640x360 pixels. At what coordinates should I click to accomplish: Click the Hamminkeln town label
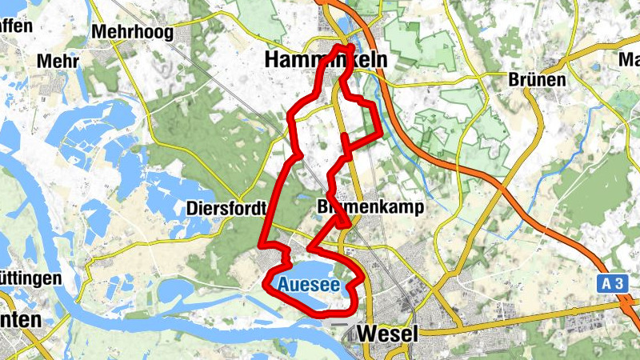(325, 60)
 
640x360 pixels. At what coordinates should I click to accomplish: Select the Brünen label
(538, 79)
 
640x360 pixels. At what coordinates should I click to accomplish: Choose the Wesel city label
(389, 334)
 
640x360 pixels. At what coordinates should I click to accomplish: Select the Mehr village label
(57, 61)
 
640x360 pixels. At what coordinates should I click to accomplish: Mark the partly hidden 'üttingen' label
(30, 278)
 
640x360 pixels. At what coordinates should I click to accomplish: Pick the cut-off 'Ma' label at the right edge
(630, 59)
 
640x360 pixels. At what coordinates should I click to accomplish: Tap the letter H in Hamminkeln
(272, 60)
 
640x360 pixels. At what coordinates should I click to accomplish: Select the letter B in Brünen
(514, 79)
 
